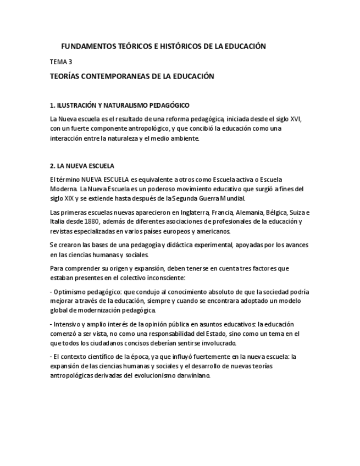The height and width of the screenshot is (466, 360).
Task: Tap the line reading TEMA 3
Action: [x=61, y=62]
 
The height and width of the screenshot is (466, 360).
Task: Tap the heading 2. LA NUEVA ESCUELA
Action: [x=82, y=165]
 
